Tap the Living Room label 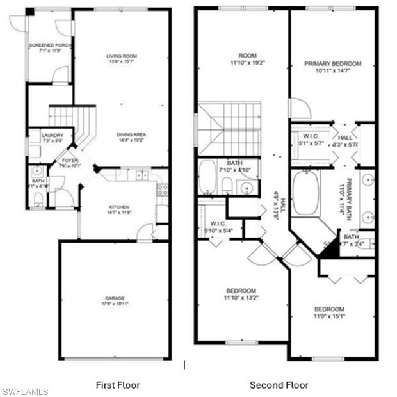pos(122,56)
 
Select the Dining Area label pos(131,134)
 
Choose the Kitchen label pos(119,207)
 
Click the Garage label pos(115,298)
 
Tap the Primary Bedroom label pos(333,64)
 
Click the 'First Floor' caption pos(118,385)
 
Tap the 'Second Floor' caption pos(279,385)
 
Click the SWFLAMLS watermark pos(25,391)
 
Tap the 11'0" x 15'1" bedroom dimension pos(329,316)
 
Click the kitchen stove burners pos(162,190)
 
